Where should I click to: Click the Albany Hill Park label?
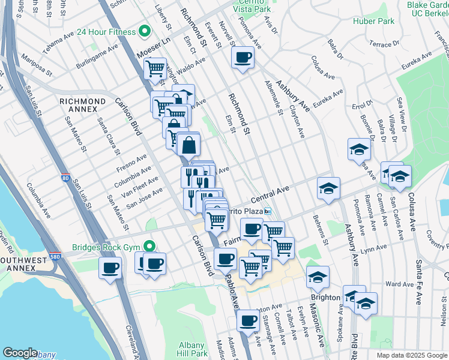click(x=193, y=349)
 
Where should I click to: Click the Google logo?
click(x=19, y=353)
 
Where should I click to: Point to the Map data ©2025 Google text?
click(x=411, y=355)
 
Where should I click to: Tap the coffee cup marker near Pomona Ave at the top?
click(x=243, y=58)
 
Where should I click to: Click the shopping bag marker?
click(x=188, y=145)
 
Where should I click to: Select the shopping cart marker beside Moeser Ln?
click(x=155, y=68)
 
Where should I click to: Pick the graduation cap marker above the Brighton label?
click(x=318, y=277)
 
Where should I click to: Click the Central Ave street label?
click(x=270, y=194)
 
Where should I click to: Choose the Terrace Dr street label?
click(x=384, y=44)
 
